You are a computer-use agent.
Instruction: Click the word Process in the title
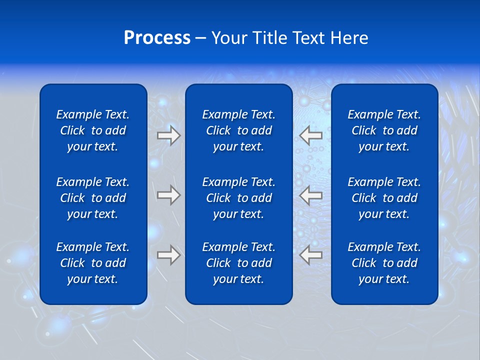(157, 38)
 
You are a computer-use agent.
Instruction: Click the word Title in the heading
(271, 38)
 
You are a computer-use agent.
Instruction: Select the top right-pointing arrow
(169, 135)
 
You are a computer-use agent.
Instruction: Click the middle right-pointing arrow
(169, 195)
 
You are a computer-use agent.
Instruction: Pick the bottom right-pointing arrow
(169, 255)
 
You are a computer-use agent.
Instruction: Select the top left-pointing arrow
(310, 135)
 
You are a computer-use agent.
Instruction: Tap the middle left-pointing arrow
(310, 195)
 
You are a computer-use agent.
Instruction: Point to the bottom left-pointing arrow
(310, 255)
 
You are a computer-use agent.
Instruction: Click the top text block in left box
(93, 130)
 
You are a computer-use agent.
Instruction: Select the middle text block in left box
(93, 198)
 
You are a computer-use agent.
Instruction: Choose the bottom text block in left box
(93, 263)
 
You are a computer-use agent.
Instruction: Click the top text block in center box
(239, 130)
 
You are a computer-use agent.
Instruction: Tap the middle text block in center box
(239, 198)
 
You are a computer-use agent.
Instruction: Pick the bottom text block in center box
(239, 263)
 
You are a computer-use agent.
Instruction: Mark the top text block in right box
(384, 130)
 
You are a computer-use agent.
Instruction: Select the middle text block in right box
(384, 198)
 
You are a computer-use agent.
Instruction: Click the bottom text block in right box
(384, 263)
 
